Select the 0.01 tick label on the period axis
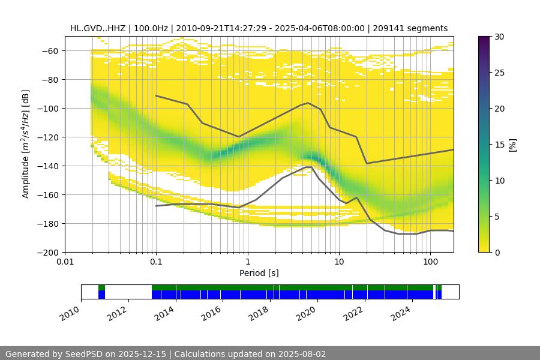tap(65, 262)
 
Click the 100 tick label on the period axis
tap(430, 262)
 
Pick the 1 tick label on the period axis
tap(247, 262)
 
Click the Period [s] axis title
tap(259, 273)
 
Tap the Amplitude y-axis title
tap(26, 144)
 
